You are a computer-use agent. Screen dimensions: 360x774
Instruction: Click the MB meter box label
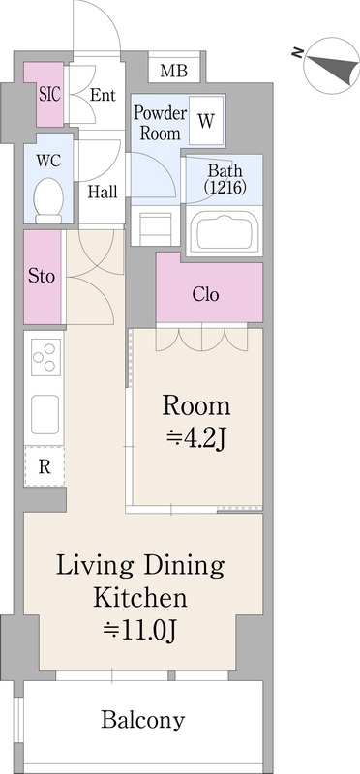[x=174, y=71]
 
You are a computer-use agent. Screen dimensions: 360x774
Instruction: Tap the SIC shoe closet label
[x=50, y=94]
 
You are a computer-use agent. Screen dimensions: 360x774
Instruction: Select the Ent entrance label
[x=103, y=95]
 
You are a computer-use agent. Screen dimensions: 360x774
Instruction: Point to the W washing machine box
[x=206, y=120]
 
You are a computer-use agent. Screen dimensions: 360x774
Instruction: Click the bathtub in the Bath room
[x=225, y=232]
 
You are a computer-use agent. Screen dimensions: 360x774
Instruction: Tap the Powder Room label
[x=161, y=123]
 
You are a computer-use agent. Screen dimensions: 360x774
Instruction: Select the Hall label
[x=103, y=191]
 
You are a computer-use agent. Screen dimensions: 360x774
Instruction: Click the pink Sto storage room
[x=43, y=277]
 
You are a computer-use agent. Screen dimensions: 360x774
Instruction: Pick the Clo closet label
[x=205, y=295]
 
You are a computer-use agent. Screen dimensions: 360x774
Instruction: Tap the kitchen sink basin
[x=45, y=414]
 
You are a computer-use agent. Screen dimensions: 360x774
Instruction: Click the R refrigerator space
[x=45, y=466]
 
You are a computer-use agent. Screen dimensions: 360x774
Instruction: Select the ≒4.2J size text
[x=196, y=438]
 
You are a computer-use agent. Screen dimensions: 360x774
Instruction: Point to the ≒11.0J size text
[x=140, y=631]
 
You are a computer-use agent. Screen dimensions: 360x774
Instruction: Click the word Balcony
[x=143, y=720]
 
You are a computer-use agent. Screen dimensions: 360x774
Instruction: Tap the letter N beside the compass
[x=297, y=53]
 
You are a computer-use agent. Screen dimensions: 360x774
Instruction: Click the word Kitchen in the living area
[x=140, y=599]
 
